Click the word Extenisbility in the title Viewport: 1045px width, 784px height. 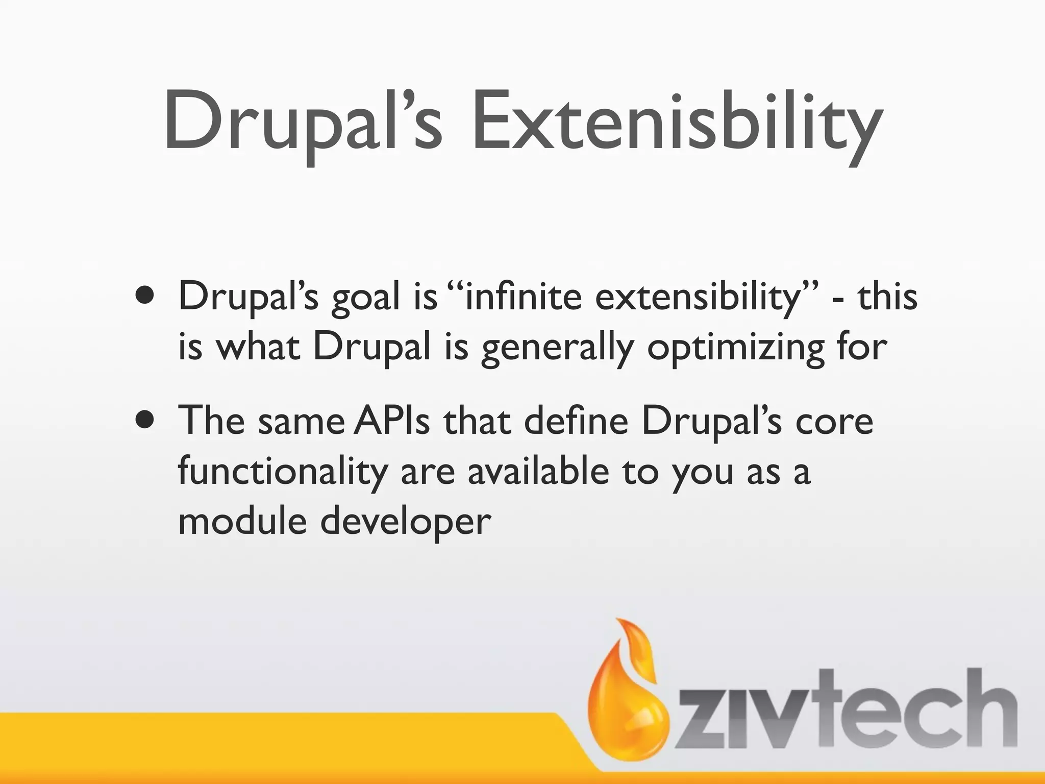[x=676, y=122]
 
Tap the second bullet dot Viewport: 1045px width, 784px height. [x=145, y=420]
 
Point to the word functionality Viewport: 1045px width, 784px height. [x=283, y=473]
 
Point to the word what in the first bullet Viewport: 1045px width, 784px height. [x=258, y=348]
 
